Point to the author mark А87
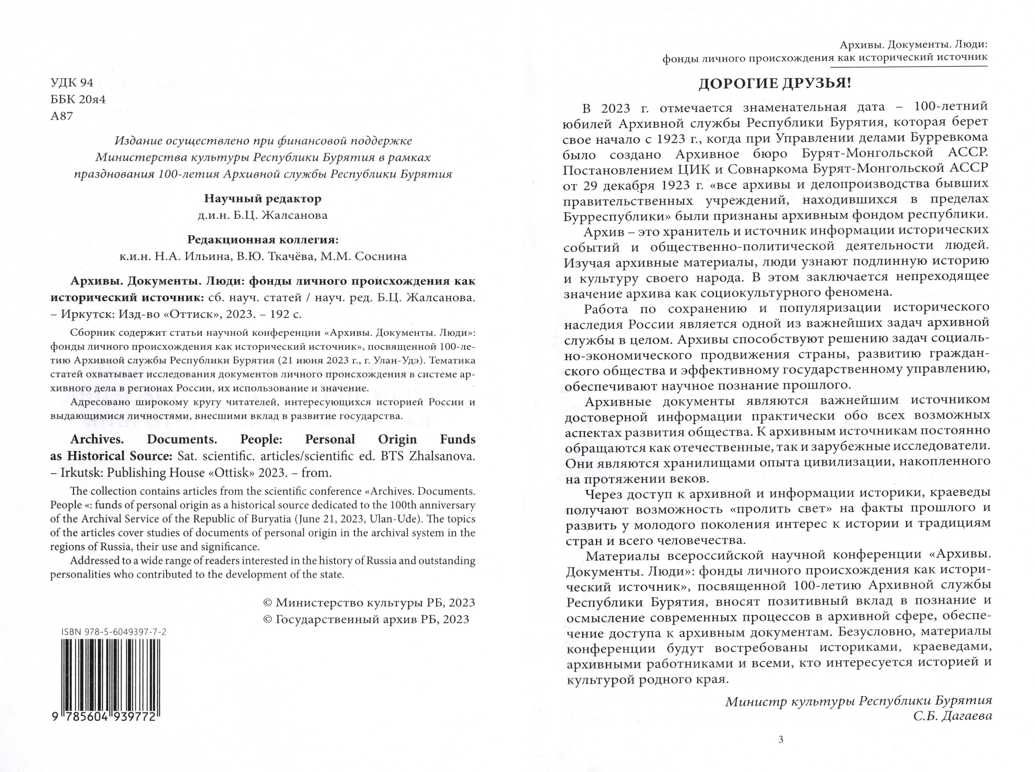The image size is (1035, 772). coord(62,116)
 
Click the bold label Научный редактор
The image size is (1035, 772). coord(263,199)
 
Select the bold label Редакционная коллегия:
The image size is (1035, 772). coord(263,240)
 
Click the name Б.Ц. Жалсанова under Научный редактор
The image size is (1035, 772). coord(287,216)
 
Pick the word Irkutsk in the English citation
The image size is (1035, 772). coord(80,472)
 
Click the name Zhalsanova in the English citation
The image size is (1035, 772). coord(442,456)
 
